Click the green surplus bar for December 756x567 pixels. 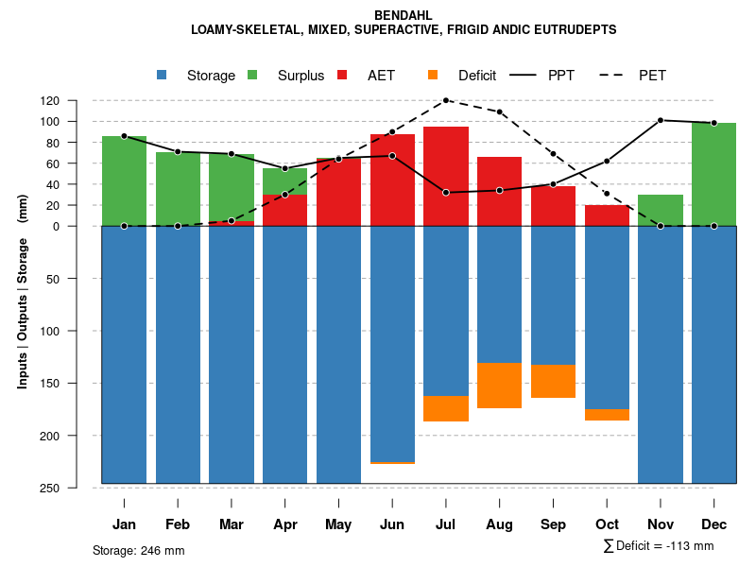713,174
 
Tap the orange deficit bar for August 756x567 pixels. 499,386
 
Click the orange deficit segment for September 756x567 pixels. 553,381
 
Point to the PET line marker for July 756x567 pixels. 446,100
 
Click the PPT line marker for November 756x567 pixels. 661,120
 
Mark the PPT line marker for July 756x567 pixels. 446,193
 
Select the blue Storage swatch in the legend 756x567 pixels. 162,76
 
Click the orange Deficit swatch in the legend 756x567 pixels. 433,76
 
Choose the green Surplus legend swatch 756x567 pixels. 252,76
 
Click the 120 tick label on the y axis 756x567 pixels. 77,100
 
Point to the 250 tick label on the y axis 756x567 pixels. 77,488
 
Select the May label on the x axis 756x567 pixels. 338,524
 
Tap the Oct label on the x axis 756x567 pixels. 607,524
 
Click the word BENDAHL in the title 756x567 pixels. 404,15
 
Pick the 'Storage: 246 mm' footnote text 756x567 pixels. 139,550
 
